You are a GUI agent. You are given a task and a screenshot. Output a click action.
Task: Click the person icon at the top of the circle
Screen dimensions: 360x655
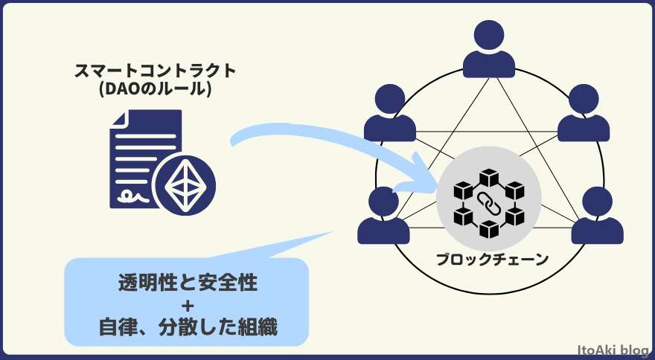click(488, 51)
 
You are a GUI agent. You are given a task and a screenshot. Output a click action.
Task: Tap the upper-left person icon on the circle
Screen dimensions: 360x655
click(390, 115)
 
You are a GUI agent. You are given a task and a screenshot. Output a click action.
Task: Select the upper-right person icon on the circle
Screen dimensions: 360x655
click(584, 115)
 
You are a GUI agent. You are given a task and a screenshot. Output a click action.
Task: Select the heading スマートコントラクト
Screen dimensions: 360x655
click(156, 71)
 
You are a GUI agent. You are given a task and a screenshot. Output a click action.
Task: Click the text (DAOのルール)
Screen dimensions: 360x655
click(156, 90)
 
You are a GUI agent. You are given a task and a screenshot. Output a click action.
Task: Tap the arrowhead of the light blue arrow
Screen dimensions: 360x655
click(424, 179)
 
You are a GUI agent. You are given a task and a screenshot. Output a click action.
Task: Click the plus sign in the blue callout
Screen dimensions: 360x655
click(188, 305)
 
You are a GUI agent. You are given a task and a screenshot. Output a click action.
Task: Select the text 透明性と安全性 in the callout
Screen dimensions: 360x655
click(188, 283)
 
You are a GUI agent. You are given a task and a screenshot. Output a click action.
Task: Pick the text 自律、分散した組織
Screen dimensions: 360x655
click(188, 327)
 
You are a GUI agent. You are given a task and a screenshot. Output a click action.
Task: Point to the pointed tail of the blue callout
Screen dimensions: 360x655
click(327, 237)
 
